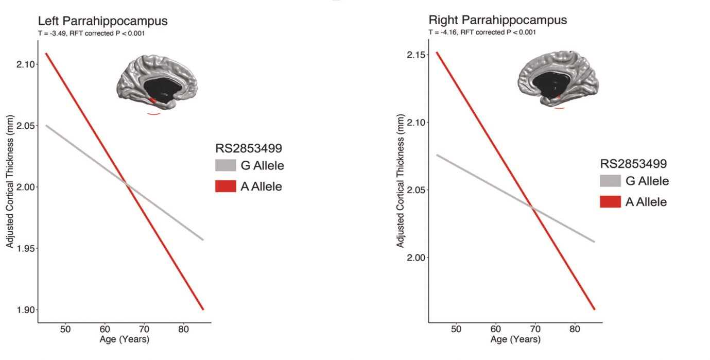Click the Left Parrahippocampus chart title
point(103,21)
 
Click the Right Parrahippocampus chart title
point(498,20)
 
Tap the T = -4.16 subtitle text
point(482,32)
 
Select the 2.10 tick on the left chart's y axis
point(24,65)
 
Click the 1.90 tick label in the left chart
point(24,310)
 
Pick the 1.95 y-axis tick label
point(24,249)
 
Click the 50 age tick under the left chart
point(65,329)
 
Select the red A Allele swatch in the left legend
point(226,186)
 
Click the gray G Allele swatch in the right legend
point(610,181)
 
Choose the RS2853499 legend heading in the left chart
point(249,149)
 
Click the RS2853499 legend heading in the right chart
point(633,164)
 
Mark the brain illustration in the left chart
point(157,82)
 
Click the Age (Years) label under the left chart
point(124,339)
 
